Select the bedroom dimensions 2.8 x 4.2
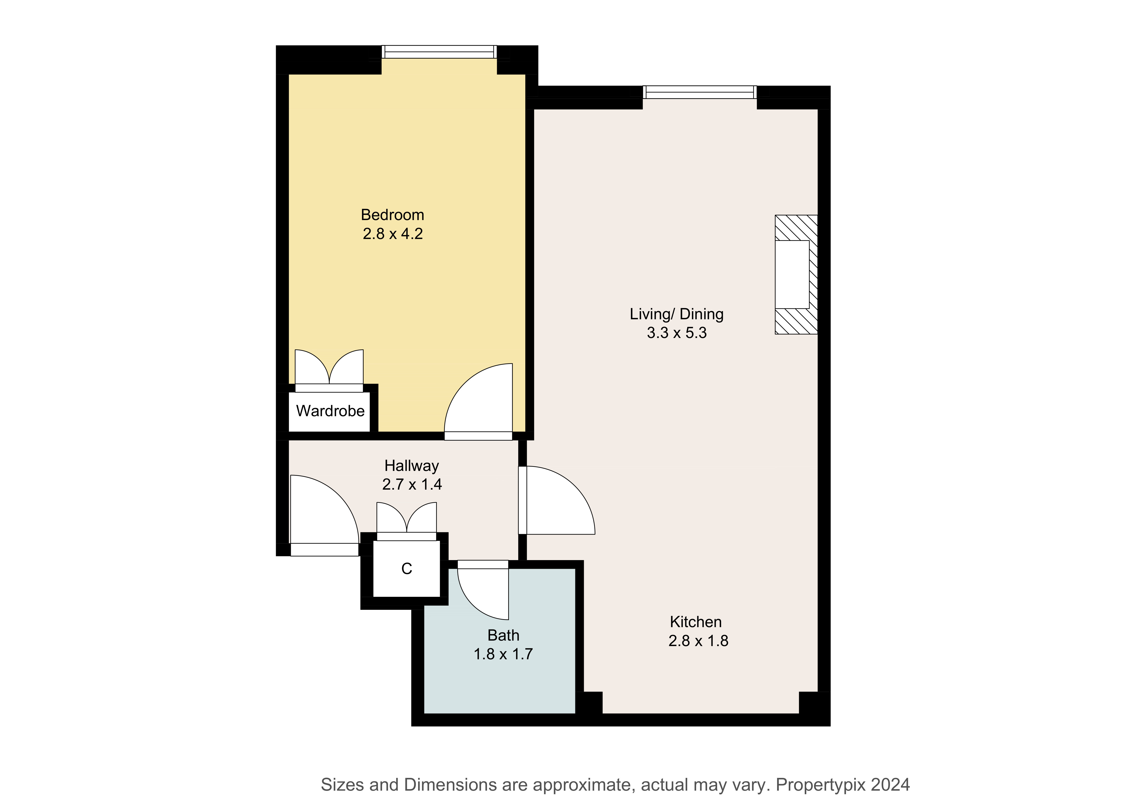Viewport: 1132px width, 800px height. point(393,234)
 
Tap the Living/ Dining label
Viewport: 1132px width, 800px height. point(677,314)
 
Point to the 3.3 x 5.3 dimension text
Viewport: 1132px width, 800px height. point(677,333)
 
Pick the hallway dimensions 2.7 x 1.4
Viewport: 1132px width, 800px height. point(412,485)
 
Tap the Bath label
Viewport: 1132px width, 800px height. point(503,635)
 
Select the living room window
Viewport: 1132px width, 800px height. point(700,92)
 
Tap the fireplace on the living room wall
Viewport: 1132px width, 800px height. point(796,275)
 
